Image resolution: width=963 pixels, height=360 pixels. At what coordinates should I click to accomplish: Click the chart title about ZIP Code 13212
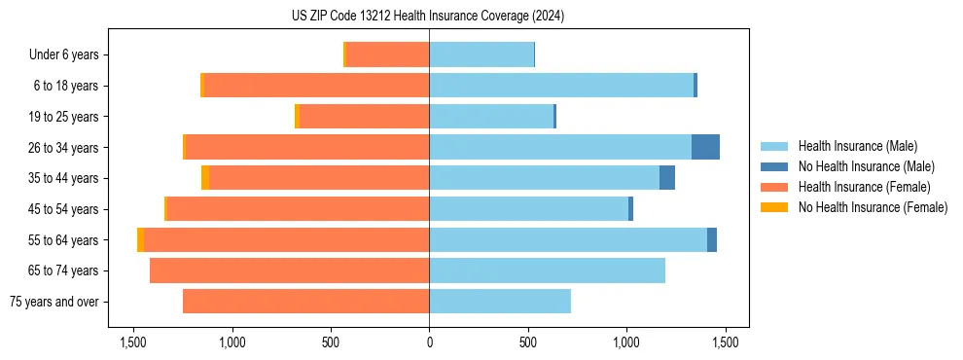[x=428, y=16]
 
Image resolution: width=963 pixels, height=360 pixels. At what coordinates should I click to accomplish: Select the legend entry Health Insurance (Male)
[x=857, y=146]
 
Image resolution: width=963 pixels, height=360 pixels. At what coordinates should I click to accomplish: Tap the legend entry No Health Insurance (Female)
[x=873, y=207]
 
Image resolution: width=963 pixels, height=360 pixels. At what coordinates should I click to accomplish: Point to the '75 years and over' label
[x=54, y=302]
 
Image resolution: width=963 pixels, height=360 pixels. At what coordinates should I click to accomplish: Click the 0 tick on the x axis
[x=429, y=342]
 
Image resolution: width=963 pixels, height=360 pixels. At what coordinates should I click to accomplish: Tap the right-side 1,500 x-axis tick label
[x=725, y=342]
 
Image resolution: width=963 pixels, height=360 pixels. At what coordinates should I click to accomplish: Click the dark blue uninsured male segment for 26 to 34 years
[x=705, y=147]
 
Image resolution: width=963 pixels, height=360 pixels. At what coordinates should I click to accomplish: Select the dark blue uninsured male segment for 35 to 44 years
[x=667, y=178]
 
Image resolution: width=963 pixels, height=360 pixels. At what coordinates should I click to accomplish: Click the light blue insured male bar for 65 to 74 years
[x=547, y=270]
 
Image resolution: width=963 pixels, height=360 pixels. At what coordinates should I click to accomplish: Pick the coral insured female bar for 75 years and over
[x=305, y=302]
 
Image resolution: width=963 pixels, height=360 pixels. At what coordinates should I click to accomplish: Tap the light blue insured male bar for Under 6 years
[x=481, y=54]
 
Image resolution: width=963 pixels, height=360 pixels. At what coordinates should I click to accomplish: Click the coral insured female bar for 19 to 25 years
[x=364, y=117]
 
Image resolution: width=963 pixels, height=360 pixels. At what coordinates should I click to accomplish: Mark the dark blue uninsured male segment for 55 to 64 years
[x=712, y=239]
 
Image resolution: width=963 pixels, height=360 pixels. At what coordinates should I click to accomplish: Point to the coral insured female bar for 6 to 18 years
[x=316, y=86]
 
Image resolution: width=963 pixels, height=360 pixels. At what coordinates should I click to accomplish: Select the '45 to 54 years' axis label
[x=62, y=209]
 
